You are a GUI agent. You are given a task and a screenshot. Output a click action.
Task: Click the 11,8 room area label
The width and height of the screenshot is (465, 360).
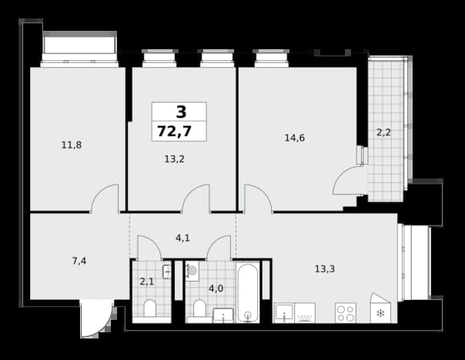(72, 145)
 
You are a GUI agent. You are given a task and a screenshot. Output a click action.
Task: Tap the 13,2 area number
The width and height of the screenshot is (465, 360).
(174, 159)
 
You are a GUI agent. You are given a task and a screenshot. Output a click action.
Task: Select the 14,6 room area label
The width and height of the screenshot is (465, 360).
(295, 138)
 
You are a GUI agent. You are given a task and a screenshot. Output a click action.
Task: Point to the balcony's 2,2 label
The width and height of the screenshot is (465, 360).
(383, 132)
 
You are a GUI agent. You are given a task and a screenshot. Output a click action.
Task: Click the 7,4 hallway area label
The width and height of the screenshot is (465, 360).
(79, 261)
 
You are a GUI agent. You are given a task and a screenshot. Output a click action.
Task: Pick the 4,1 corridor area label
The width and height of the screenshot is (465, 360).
(182, 238)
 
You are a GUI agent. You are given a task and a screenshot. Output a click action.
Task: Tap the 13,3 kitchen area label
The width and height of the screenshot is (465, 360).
(325, 269)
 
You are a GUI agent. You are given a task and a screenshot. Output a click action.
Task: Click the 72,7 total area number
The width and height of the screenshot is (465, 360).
(174, 132)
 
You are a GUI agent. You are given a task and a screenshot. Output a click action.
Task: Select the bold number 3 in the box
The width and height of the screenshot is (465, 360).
(182, 112)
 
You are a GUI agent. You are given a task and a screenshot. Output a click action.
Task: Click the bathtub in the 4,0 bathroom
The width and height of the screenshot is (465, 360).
(247, 292)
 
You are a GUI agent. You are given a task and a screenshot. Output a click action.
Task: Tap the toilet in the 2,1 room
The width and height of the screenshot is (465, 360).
(149, 308)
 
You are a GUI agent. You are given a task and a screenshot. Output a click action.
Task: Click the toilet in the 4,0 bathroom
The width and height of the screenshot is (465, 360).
(199, 308)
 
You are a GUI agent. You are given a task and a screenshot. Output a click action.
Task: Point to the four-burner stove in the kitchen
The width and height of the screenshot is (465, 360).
(346, 313)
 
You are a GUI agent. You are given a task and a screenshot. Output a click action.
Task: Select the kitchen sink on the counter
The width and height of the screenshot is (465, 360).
(284, 313)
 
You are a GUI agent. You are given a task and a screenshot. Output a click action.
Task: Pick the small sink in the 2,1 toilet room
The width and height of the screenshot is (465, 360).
(166, 272)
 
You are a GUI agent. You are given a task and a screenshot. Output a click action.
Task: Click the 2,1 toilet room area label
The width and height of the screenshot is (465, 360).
(147, 282)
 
